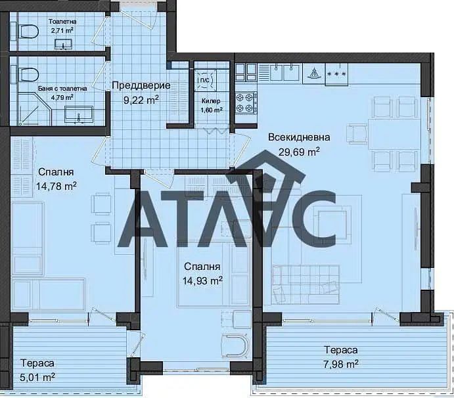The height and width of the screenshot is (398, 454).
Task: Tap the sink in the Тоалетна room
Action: [63, 44]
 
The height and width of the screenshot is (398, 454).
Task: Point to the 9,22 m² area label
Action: [141, 100]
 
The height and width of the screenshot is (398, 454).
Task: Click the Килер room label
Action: [211, 101]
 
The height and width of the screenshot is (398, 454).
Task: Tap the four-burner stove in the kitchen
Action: [246, 102]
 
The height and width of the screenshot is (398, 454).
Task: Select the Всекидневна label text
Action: [299, 137]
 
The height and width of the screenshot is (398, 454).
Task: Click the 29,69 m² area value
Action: [299, 152]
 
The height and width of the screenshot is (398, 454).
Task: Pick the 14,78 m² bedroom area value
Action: [57, 186]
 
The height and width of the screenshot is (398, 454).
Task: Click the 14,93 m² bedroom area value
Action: [202, 280]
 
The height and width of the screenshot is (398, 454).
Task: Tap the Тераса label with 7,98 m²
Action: [341, 350]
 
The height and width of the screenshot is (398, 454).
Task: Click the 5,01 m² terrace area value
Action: [37, 377]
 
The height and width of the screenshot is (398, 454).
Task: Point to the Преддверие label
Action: [141, 85]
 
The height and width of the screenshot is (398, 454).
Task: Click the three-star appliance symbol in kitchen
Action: [336, 74]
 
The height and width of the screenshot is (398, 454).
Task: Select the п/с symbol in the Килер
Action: [205, 79]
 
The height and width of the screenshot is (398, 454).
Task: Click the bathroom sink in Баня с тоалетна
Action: [79, 115]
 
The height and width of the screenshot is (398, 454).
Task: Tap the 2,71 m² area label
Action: [62, 30]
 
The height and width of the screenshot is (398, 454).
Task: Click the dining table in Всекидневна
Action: [394, 134]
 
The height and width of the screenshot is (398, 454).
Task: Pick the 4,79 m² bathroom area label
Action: [62, 97]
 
